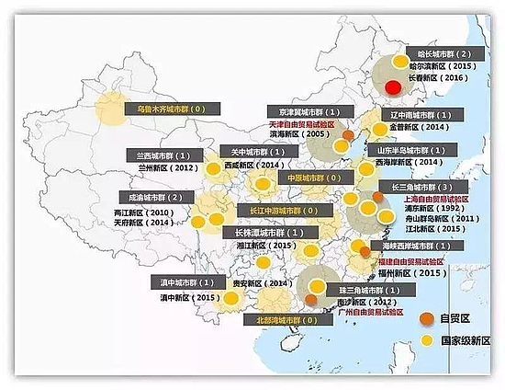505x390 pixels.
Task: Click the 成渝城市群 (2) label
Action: (x=151, y=197)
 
